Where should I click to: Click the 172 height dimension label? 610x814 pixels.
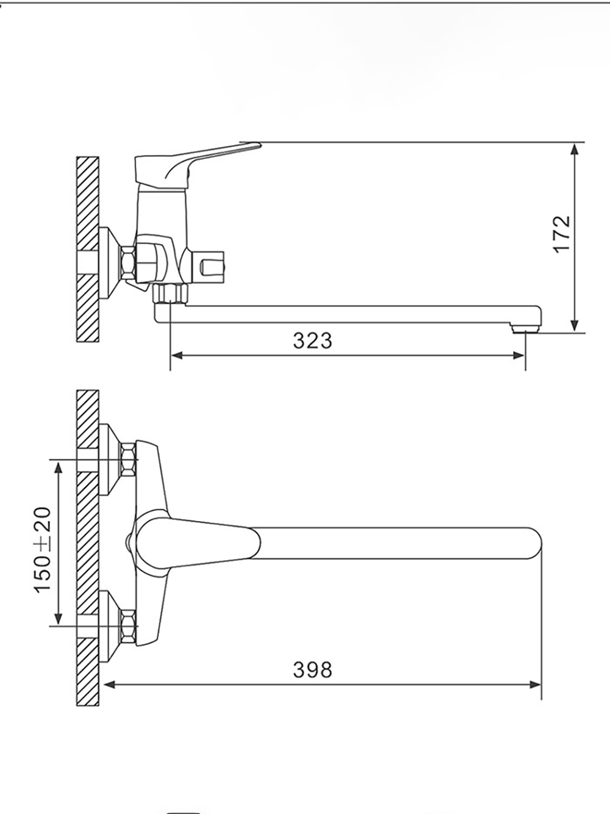[562, 234]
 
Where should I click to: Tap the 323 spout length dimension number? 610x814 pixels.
[312, 340]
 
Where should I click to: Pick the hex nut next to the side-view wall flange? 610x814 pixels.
[129, 263]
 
